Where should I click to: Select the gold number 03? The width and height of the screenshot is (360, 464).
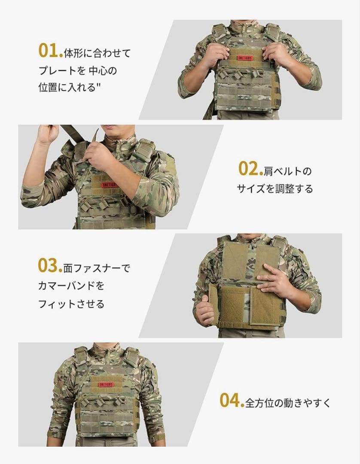coord(49,266)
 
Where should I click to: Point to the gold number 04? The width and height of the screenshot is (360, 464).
coord(231,400)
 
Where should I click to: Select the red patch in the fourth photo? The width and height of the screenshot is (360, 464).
coord(106,385)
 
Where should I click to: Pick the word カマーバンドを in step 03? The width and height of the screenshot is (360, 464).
coord(71,286)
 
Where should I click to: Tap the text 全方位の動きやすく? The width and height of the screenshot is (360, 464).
coord(288,403)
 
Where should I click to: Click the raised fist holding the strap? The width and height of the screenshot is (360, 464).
coord(47,134)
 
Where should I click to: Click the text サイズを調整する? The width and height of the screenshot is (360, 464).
coord(275,189)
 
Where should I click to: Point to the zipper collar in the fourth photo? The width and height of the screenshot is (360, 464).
coord(106,352)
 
